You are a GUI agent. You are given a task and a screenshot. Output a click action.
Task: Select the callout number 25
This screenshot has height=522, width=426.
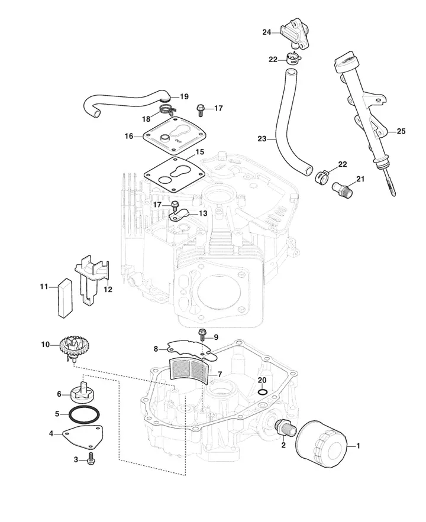coord(401,131)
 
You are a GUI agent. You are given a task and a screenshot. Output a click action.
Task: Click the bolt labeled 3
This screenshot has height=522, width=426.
coord(89,459)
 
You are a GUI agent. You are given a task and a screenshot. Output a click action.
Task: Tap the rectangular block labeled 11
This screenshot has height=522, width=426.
coord(65,297)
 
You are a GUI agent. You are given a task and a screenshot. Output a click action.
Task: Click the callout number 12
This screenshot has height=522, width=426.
coord(108,289)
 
